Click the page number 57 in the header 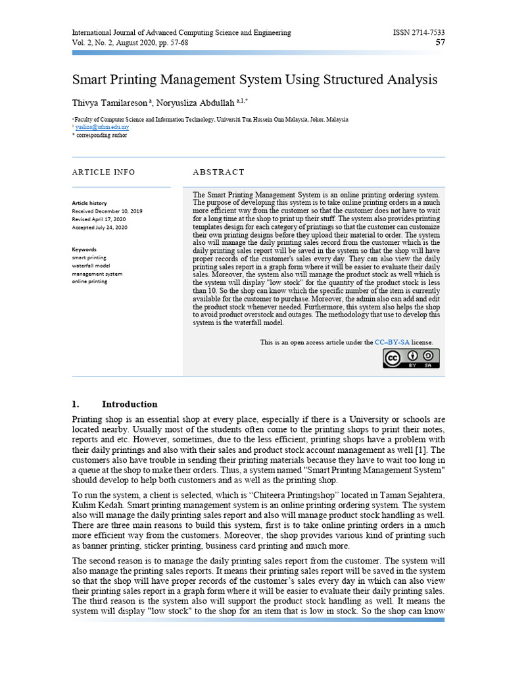(x=441, y=43)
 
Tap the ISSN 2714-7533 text (x=419, y=32)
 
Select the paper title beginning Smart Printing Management (x=254, y=80)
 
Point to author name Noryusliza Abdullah (x=201, y=103)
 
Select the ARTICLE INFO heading (x=103, y=172)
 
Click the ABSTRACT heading (x=218, y=172)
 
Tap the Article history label (x=89, y=203)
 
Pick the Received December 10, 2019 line (x=107, y=211)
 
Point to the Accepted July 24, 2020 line (x=100, y=227)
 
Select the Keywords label (x=84, y=249)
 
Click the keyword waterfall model (x=91, y=265)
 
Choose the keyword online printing (x=89, y=281)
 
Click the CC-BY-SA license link (x=392, y=342)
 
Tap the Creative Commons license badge (x=412, y=358)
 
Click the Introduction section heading (x=130, y=404)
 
